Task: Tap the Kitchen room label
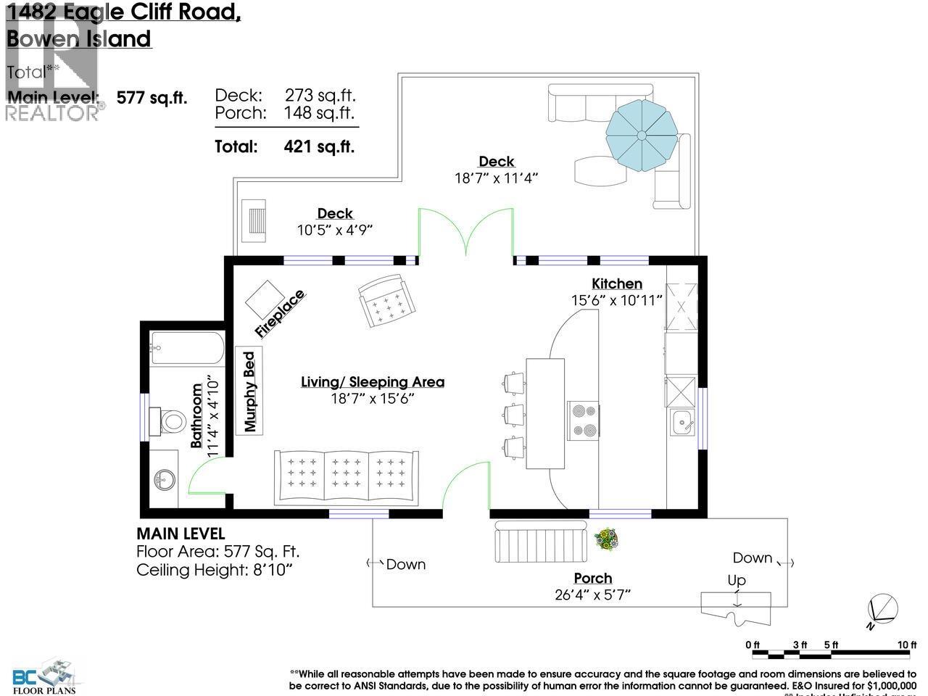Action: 617,283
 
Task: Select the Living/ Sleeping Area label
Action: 373,382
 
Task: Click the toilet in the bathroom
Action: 171,421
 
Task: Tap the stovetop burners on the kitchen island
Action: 584,420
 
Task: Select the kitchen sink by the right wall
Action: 681,421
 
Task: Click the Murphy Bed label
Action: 250,391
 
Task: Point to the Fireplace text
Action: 280,314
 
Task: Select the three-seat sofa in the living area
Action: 347,477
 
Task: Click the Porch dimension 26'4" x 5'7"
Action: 593,595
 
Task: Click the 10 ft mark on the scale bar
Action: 906,645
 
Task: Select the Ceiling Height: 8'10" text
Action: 214,571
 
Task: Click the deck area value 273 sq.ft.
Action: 319,95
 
